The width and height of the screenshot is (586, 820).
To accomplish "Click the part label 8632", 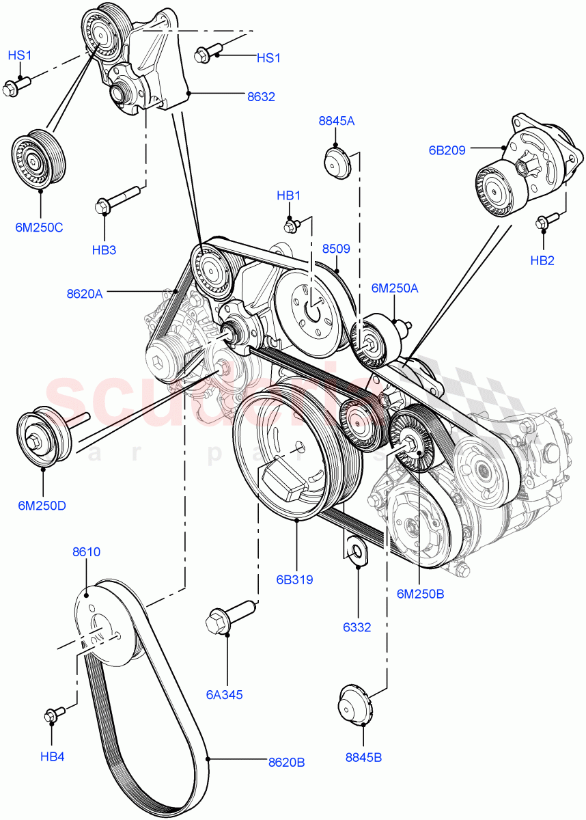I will point(261,97).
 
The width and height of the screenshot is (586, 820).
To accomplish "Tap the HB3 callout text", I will point(104,250).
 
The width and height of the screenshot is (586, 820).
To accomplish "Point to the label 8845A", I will point(337,121).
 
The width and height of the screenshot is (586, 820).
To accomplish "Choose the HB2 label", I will point(542,260).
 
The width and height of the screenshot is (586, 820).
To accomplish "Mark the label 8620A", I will point(85,294).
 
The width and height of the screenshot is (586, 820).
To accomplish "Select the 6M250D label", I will point(42,506).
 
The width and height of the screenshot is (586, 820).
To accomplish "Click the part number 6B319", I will point(294,580).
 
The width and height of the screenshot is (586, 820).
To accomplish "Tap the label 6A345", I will point(225,695).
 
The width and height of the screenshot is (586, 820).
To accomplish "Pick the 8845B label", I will point(363,756).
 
